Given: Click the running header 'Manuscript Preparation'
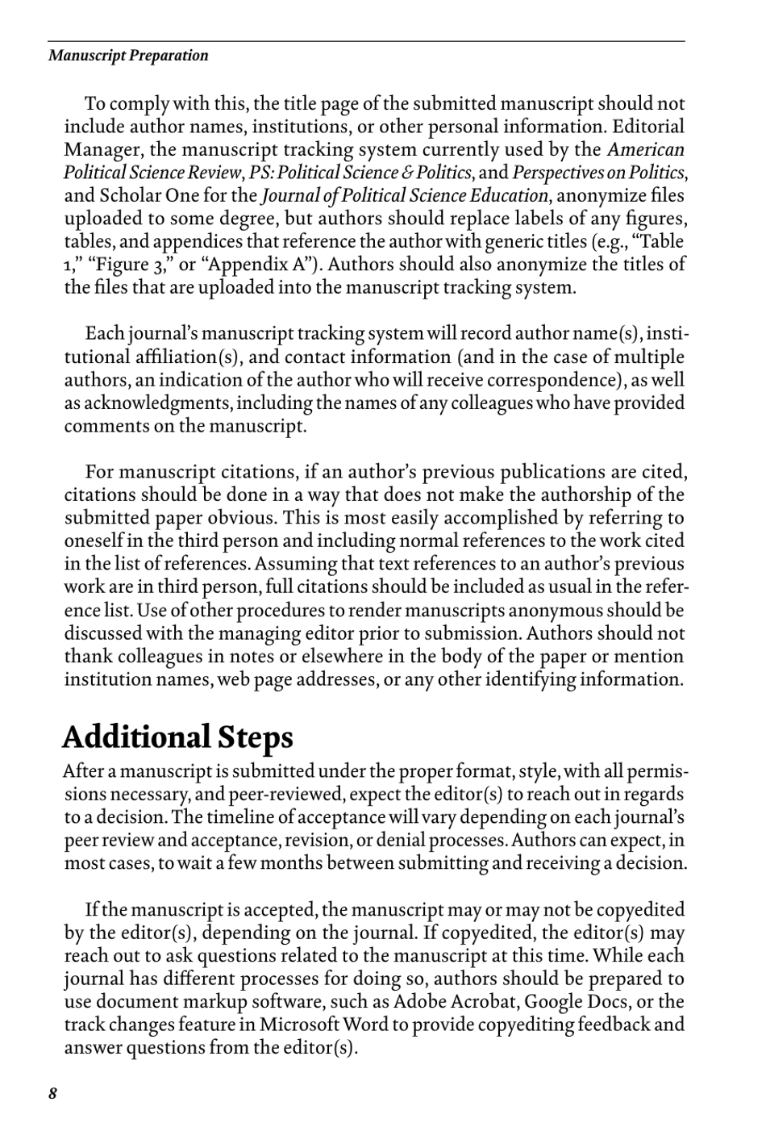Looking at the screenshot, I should point(128,56).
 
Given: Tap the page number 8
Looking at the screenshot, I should point(53,1094).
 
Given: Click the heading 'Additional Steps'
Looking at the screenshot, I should point(177,737).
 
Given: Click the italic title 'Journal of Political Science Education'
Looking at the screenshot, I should point(404,196).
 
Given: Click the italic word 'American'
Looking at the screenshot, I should point(645,150).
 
